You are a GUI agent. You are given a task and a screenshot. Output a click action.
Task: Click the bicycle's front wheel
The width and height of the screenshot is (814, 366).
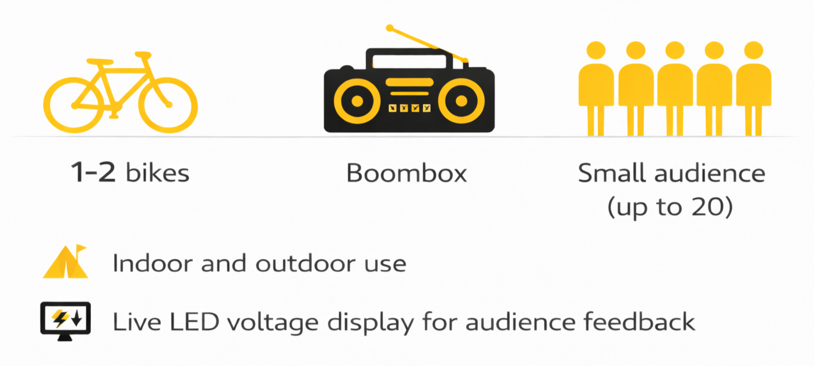[168, 105]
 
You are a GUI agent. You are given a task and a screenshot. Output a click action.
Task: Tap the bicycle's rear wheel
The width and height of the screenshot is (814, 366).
[73, 105]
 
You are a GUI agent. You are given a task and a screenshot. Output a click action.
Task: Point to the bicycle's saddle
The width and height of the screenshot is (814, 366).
[100, 61]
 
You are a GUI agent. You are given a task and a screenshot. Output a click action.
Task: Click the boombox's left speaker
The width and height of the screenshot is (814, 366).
[357, 101]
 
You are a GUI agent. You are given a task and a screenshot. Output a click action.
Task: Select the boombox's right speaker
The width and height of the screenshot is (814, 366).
[461, 101]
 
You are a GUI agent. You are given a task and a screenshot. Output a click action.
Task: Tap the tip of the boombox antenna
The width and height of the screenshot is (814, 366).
[390, 27]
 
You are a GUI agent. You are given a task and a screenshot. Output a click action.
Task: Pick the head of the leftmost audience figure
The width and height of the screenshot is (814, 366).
[596, 51]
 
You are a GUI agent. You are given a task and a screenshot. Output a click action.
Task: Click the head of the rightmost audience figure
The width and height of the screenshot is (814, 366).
[753, 51]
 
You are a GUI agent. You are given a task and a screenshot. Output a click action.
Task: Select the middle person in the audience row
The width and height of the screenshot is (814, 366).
[675, 87]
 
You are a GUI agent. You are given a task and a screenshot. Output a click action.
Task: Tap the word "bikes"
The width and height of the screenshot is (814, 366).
[157, 173]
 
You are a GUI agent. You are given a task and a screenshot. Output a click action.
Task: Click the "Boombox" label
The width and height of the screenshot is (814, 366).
[407, 173]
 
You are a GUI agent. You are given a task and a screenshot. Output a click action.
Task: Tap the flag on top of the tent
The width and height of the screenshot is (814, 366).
[81, 248]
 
